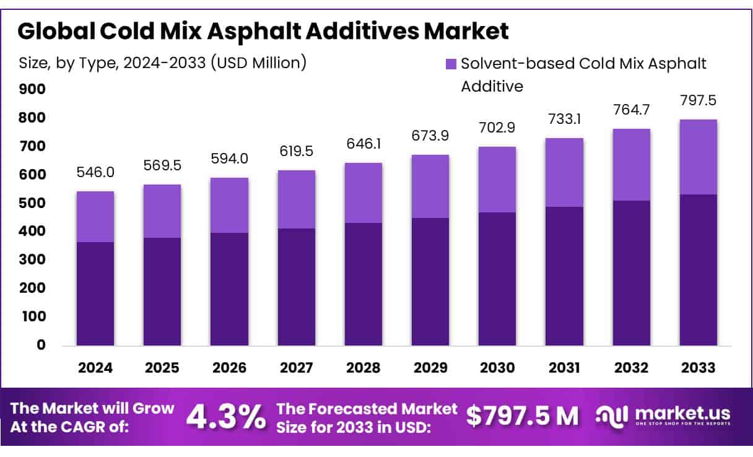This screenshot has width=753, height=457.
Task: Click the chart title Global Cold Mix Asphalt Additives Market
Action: (263, 31)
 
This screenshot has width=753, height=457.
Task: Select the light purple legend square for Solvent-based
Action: (451, 64)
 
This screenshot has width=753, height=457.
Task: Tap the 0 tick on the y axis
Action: (40, 345)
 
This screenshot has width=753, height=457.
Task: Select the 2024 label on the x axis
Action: (95, 368)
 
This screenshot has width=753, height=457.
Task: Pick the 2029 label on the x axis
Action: (430, 368)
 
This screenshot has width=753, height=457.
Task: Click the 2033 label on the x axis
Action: (698, 368)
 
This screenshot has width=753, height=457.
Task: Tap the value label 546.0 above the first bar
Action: (95, 172)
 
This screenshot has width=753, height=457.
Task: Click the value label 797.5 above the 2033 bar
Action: (698, 100)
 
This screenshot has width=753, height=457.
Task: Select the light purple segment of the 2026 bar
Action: (229, 205)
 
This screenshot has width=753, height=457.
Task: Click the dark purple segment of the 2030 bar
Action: (497, 279)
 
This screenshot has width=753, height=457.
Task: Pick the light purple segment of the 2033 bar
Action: (698, 157)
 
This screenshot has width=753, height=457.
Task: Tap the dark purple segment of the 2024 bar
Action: (95, 294)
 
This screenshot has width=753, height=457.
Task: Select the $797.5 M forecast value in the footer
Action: (523, 417)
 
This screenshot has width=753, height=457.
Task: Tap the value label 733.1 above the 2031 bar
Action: (564, 118)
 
